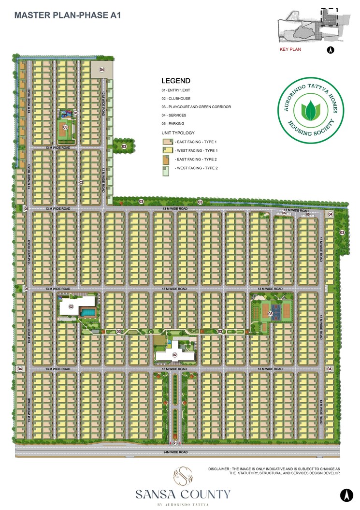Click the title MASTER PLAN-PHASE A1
click(x=67, y=15)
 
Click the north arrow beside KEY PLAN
click(x=331, y=49)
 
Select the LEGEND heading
click(x=175, y=81)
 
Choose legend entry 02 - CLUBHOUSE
click(x=176, y=99)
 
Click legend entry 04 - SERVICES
click(x=174, y=115)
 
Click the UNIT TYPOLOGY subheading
click(x=178, y=132)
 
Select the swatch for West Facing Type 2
click(x=167, y=168)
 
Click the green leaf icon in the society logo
click(x=311, y=111)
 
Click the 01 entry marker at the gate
click(x=175, y=442)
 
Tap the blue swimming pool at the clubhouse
click(x=87, y=313)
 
